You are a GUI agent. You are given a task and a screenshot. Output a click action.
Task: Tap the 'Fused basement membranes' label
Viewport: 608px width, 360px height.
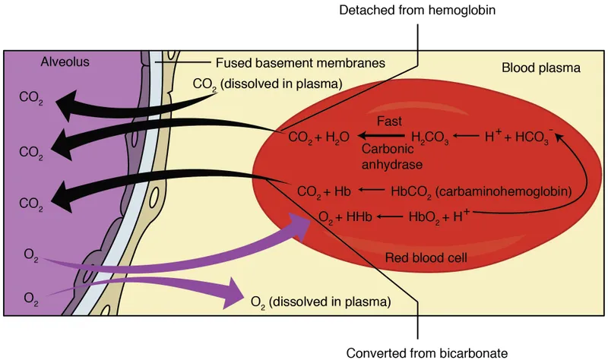coord(288,62)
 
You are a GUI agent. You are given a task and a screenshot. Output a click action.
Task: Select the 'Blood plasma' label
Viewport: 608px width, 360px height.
coord(540,68)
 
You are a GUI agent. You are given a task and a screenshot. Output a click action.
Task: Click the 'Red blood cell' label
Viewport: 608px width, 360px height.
coord(425,257)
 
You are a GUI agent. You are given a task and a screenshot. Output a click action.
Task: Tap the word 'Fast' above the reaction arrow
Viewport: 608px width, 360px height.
coord(389,121)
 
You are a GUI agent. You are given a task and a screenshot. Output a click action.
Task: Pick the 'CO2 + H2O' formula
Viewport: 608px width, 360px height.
coord(318,137)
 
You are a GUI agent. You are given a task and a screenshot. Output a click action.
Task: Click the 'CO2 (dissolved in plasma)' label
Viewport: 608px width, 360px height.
coord(267,84)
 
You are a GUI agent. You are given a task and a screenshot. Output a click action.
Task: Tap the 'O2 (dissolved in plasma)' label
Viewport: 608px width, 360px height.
coord(321,302)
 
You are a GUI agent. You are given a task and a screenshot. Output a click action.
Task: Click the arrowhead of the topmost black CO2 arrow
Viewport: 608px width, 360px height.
coord(73,105)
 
